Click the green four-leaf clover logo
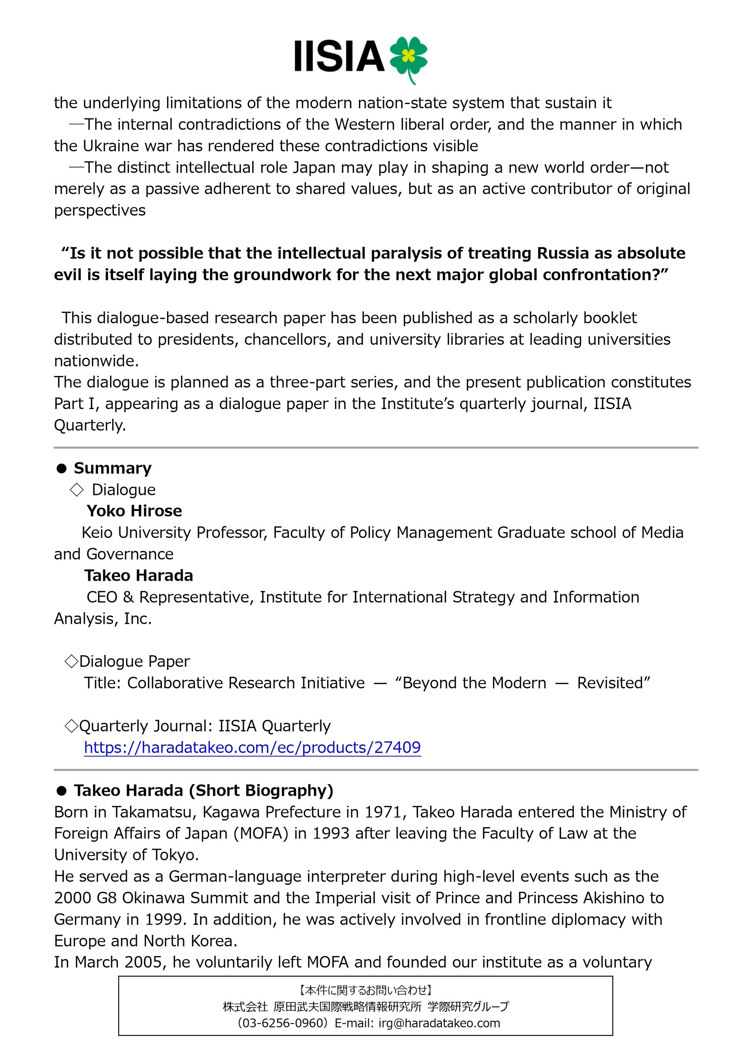408,58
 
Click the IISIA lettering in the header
339,56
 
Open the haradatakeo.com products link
252,747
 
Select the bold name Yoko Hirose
134,511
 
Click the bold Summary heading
113,468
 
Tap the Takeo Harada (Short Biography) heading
203,790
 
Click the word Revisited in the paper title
613,683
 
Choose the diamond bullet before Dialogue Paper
71,661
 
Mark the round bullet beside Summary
61,469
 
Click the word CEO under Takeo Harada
102,597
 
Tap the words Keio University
136,532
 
